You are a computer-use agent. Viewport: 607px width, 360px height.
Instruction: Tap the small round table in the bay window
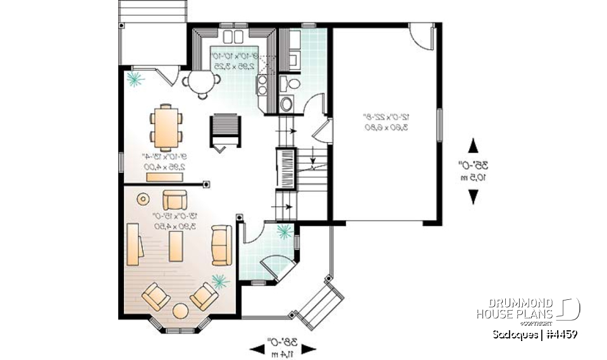(181, 311)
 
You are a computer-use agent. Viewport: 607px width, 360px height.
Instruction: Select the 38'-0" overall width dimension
(283, 347)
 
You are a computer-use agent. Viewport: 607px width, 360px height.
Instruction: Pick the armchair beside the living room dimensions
(175, 201)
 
